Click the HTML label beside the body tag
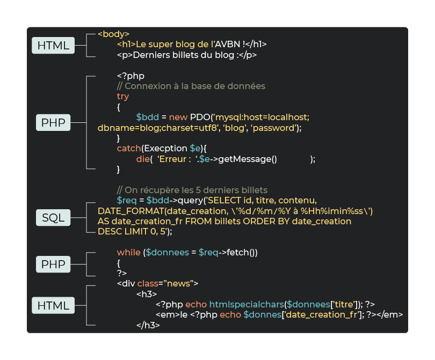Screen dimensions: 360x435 click(53, 46)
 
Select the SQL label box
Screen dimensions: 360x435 click(53, 217)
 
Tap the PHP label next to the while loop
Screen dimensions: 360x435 click(53, 264)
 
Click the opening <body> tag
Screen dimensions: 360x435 click(113, 34)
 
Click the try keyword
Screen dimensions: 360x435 click(123, 97)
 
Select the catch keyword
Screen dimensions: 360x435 click(128, 148)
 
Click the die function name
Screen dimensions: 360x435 click(142, 159)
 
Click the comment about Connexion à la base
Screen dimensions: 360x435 click(191, 86)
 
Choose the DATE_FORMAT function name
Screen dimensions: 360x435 click(130, 211)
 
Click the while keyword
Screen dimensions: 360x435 click(129, 252)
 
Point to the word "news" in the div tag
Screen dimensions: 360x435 click(185, 283)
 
